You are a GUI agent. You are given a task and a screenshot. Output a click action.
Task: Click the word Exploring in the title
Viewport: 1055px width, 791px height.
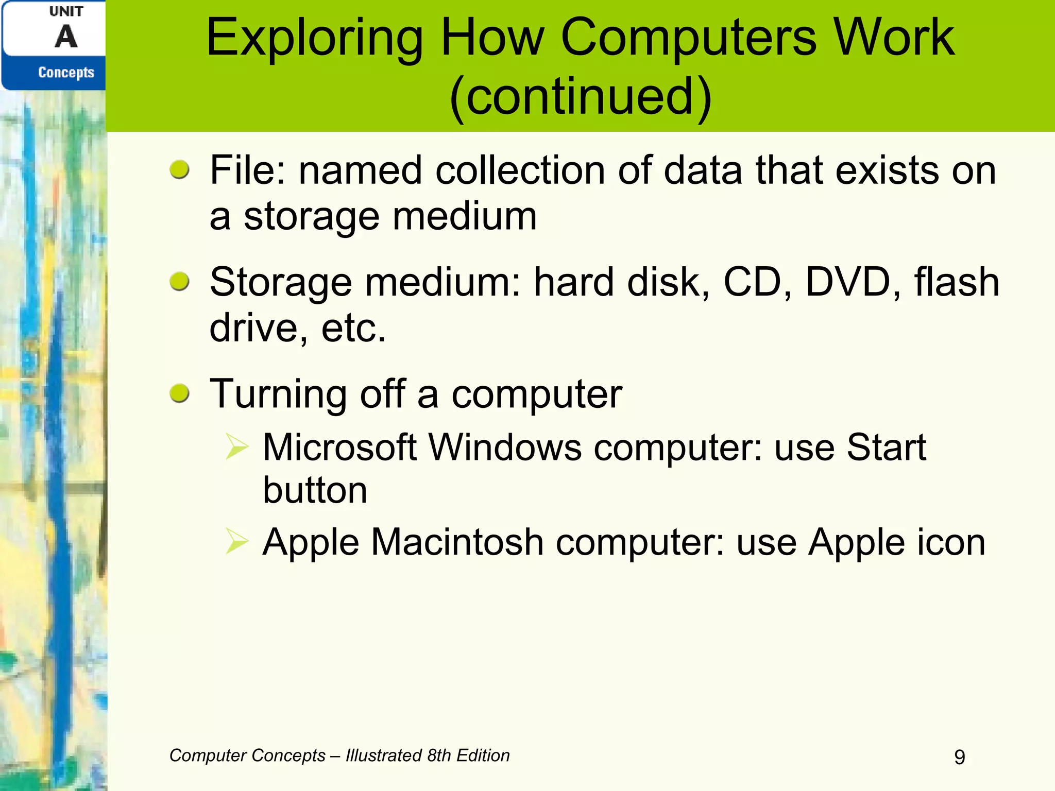[x=314, y=39]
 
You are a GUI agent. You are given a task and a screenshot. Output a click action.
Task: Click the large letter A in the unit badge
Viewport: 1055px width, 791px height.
[x=66, y=37]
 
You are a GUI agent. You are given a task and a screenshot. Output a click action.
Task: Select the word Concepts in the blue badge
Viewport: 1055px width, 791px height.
[x=66, y=73]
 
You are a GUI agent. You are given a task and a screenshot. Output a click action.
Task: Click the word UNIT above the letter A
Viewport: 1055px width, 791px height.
[x=66, y=11]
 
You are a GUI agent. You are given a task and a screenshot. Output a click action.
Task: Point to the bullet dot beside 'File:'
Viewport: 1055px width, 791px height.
[x=180, y=169]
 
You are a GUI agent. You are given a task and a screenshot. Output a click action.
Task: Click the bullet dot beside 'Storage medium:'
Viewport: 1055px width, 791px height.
[x=180, y=281]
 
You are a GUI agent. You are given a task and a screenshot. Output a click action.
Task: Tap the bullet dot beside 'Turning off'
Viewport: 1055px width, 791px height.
[x=180, y=393]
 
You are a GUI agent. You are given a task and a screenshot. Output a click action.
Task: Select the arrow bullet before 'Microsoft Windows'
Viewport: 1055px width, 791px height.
[x=237, y=446]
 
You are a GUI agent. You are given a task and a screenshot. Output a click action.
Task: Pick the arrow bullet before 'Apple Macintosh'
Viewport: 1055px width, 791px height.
[x=237, y=541]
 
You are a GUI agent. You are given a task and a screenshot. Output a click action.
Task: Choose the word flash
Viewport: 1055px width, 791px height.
[x=957, y=282]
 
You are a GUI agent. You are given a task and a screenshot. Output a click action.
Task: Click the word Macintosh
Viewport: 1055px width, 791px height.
[x=457, y=542]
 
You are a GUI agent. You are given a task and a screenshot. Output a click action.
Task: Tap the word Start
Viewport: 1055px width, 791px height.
[x=886, y=447]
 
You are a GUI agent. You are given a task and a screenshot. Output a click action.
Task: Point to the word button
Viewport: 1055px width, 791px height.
[x=315, y=490]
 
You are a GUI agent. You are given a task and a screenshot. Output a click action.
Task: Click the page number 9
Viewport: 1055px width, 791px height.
[x=960, y=757]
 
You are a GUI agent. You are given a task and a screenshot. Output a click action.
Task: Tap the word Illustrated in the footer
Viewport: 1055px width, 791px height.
[x=383, y=755]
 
